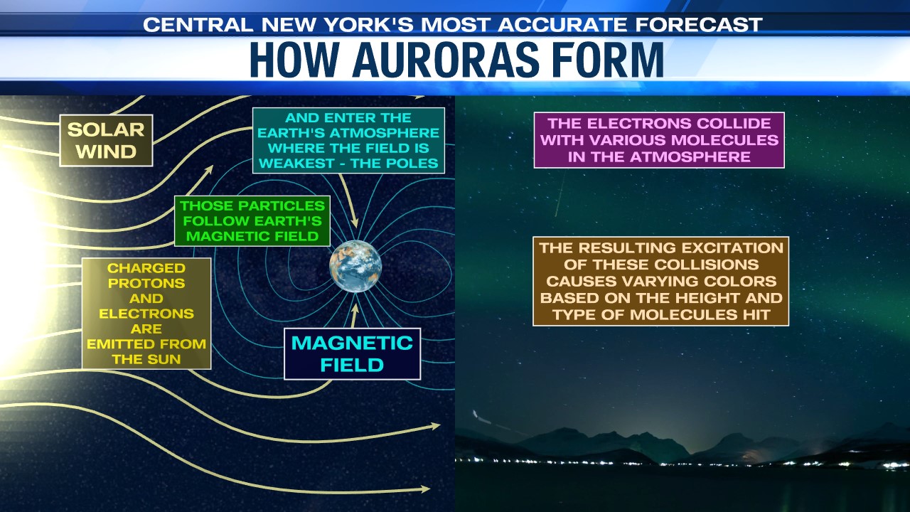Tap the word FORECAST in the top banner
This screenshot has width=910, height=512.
699,25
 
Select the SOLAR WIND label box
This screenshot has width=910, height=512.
106,141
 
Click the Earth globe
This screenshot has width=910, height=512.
355,266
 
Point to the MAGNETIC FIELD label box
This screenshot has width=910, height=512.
352,354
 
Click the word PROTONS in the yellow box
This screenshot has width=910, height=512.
146,283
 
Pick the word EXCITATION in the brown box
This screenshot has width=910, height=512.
728,248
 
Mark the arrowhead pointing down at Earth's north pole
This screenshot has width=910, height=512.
355,223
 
